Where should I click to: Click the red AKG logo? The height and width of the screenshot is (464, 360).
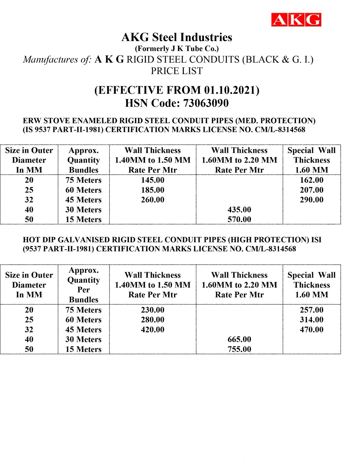296,20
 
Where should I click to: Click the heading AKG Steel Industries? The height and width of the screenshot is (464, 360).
177,37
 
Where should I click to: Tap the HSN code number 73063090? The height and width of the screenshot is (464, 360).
206,103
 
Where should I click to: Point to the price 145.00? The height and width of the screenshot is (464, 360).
153,180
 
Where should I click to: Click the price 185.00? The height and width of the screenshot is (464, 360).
153,190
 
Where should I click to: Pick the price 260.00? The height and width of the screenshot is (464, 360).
153,200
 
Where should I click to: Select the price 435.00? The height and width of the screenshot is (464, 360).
239,210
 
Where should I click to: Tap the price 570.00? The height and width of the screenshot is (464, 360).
239,219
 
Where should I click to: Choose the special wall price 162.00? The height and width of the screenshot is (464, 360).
311,180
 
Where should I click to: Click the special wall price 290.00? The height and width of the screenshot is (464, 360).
311,200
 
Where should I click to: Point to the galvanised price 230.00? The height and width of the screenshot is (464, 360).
153,310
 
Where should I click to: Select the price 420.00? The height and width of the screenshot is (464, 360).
153,330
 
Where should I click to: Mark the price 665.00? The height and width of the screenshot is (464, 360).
239,339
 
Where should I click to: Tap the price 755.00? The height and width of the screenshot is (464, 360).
239,349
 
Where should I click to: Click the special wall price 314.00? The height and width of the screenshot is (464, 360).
311,320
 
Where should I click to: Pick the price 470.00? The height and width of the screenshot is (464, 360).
311,330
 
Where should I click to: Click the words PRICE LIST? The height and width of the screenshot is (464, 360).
177,71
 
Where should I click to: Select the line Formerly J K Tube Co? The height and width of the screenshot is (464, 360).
177,49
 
